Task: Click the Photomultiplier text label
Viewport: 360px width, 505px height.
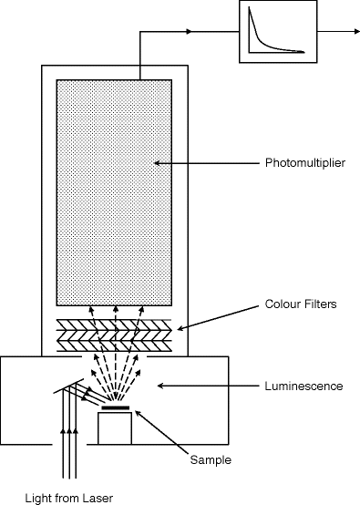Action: point(305,163)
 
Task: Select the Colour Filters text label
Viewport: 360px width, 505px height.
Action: point(301,304)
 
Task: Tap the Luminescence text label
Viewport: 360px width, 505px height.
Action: point(303,386)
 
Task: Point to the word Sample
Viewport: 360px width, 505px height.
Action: point(211,460)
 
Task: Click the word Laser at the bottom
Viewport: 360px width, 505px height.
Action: point(98,498)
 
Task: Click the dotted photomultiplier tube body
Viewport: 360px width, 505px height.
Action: point(114,192)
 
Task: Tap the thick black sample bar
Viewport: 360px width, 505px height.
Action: point(115,407)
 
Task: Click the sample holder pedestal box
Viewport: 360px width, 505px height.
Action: point(115,428)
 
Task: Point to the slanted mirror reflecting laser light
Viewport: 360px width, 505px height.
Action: point(68,386)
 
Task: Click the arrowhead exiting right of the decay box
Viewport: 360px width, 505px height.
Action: point(356,32)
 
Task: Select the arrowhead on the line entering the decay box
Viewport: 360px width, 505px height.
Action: point(189,32)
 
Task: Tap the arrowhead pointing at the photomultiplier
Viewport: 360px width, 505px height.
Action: point(158,163)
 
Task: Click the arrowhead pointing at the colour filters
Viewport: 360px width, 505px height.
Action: point(180,328)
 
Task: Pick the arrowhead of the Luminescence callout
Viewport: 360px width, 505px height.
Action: point(160,386)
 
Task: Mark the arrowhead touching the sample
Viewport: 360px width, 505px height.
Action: point(138,413)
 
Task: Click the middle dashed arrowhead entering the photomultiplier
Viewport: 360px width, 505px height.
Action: point(116,309)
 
